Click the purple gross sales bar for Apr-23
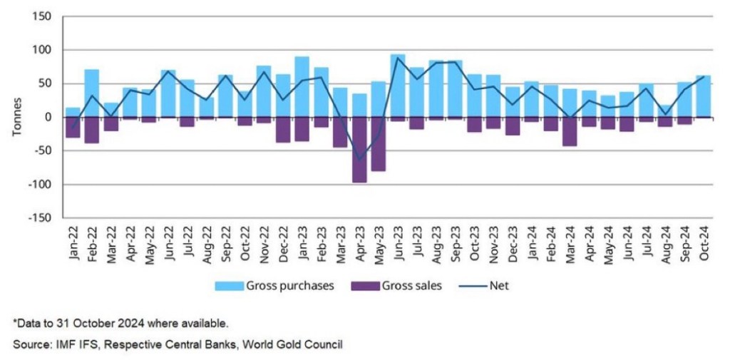[x=359, y=150]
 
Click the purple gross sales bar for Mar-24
[x=570, y=131]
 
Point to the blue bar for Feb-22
[x=91, y=93]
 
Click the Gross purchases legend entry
[x=274, y=286]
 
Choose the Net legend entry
[x=487, y=286]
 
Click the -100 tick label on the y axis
[x=40, y=185]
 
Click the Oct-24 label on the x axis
[x=704, y=246]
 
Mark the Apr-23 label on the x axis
[x=360, y=246]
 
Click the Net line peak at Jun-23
[x=398, y=57]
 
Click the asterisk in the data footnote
[x=15, y=322]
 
